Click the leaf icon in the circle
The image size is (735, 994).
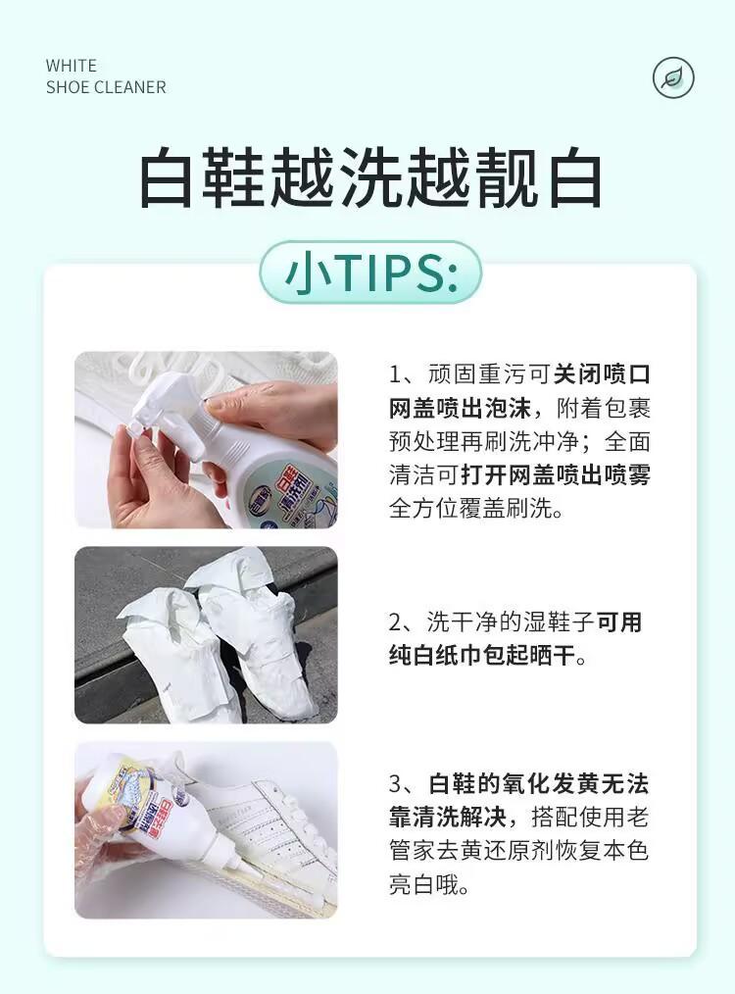pyautogui.click(x=673, y=78)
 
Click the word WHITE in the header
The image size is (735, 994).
pyautogui.click(x=71, y=66)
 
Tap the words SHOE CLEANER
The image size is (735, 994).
pyautogui.click(x=106, y=87)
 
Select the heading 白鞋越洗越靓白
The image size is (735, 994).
pyautogui.click(x=370, y=178)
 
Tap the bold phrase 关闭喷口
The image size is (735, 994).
pyautogui.click(x=602, y=374)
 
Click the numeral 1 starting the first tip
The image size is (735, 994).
pyautogui.click(x=395, y=374)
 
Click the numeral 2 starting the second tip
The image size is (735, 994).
pyautogui.click(x=395, y=622)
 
